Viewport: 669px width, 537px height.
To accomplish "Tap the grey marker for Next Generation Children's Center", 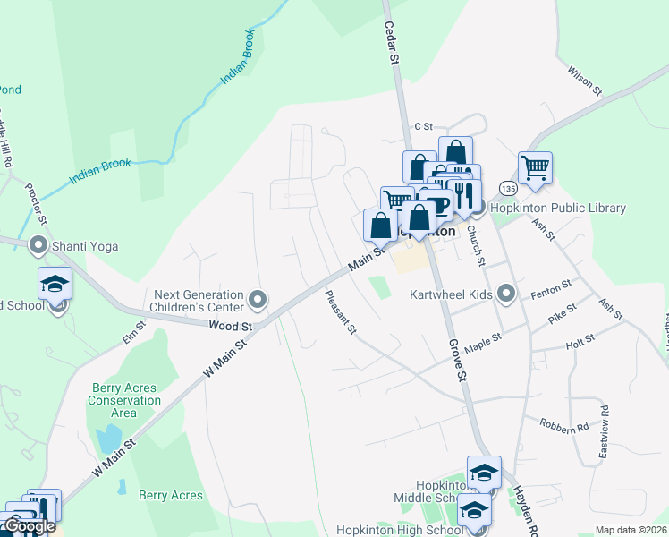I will click(x=258, y=299).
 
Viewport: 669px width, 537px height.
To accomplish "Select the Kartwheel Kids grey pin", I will click(x=507, y=294).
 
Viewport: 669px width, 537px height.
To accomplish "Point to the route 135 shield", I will click(x=508, y=189).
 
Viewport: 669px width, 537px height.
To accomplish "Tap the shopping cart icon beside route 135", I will click(x=534, y=166).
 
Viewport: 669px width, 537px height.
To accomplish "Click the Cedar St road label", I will click(x=390, y=43).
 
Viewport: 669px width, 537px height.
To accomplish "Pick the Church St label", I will click(x=479, y=245).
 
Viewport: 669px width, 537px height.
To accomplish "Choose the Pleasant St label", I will click(x=341, y=313).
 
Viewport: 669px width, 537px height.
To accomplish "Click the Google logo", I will click(x=30, y=526).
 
